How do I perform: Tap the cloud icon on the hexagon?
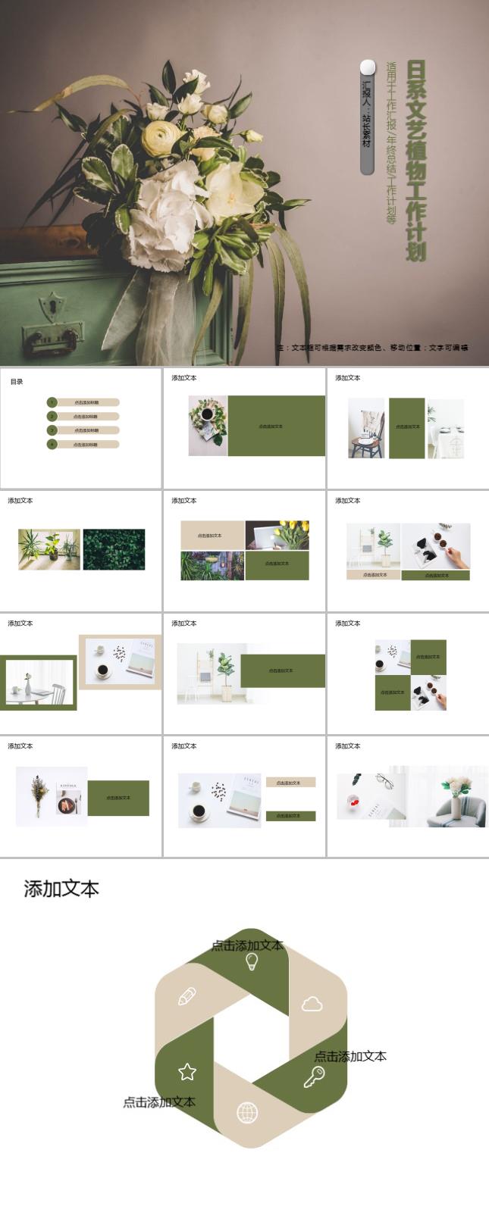(312, 1005)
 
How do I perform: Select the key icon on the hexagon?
(314, 1077)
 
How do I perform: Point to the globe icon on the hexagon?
(247, 1113)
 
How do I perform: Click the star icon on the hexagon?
(187, 1071)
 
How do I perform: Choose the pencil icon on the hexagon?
(187, 996)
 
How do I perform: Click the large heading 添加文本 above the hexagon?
(61, 889)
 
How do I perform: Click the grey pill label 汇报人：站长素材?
(368, 117)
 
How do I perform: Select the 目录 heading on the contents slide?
(17, 382)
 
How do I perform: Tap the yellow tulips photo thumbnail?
(277, 534)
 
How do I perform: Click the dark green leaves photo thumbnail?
(114, 549)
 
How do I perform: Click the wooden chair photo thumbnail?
(368, 429)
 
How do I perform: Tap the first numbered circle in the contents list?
(52, 402)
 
